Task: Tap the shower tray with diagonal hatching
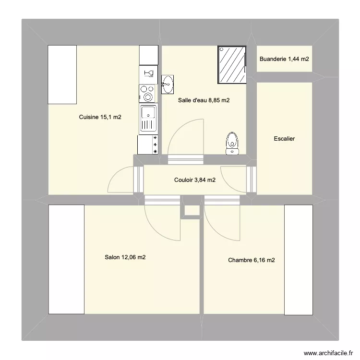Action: pyautogui.click(x=232, y=65)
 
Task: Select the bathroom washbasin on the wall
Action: pyautogui.click(x=168, y=84)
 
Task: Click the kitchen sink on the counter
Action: pyautogui.click(x=148, y=118)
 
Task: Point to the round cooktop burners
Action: pyautogui.click(x=148, y=93)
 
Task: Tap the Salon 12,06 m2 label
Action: pyautogui.click(x=125, y=257)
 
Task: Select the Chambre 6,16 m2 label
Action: pyautogui.click(x=252, y=260)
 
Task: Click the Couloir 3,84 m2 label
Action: pyautogui.click(x=194, y=180)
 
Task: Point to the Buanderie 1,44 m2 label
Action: pyautogui.click(x=284, y=59)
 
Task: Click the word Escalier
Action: pyautogui.click(x=284, y=139)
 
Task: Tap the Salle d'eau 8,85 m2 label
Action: pyautogui.click(x=204, y=100)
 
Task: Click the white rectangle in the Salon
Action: pyautogui.click(x=66, y=260)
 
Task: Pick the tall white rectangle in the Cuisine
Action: pyautogui.click(x=62, y=74)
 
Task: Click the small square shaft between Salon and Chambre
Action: pyautogui.click(x=192, y=210)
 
